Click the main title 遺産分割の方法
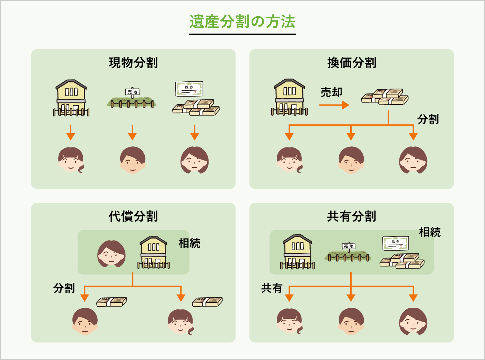point(242,22)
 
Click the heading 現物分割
point(133,63)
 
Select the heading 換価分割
point(352,63)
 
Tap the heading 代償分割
point(133,216)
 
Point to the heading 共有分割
point(352,216)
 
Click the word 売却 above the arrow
point(331,92)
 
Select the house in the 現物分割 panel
point(71,98)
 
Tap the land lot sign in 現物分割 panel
point(132,92)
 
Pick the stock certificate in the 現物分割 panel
point(189,89)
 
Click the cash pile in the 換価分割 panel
point(385,97)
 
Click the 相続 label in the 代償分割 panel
point(189,243)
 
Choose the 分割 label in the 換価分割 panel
point(428,119)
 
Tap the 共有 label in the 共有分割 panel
point(272,288)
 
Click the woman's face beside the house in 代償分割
point(111,254)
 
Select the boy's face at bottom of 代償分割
point(85,321)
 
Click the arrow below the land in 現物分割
point(132,132)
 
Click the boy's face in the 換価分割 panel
point(351,160)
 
